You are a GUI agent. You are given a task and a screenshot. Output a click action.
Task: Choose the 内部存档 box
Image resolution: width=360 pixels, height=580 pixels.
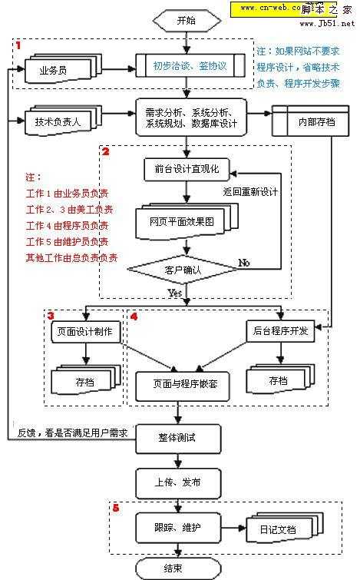pos(306,120)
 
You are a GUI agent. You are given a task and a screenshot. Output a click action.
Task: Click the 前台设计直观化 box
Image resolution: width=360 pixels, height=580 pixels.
pos(181,168)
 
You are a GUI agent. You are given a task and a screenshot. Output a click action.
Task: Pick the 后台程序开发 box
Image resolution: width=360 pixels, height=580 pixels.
pos(281,331)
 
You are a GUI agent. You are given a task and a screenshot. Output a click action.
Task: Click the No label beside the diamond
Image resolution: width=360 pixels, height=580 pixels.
pos(245,263)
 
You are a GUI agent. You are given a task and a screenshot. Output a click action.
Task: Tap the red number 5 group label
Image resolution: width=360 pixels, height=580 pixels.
pos(116,509)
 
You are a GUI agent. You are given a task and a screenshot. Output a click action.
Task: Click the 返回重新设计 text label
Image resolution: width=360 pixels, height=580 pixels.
pos(250,191)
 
